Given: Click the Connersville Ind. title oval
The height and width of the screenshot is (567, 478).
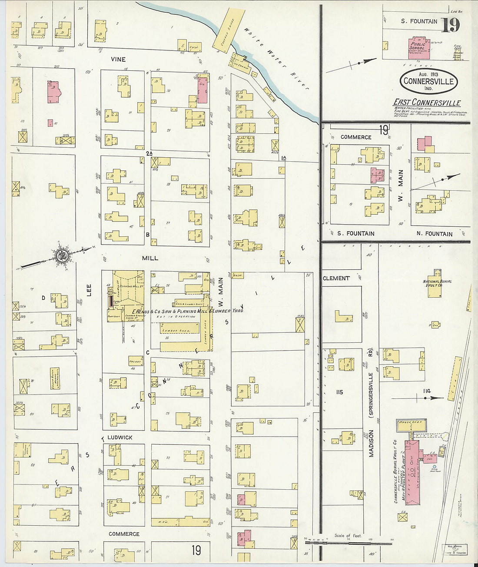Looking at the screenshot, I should coord(428,81).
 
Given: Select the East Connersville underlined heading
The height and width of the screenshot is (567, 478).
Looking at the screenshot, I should coord(427,103).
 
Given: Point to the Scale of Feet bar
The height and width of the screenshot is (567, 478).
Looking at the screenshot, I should coord(348,542).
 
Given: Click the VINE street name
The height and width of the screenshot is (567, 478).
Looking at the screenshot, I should coord(118,60).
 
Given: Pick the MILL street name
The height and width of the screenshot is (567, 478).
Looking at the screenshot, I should coord(150,258).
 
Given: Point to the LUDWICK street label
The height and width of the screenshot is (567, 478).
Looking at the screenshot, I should coord(120,438).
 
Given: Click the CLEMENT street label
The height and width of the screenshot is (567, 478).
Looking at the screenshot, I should coord(336,278).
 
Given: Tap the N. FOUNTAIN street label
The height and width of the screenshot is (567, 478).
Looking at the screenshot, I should coord(434,234).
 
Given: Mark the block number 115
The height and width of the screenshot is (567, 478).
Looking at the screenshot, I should coord(339,392).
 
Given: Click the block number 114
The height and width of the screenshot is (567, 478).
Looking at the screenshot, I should coord(427,391).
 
